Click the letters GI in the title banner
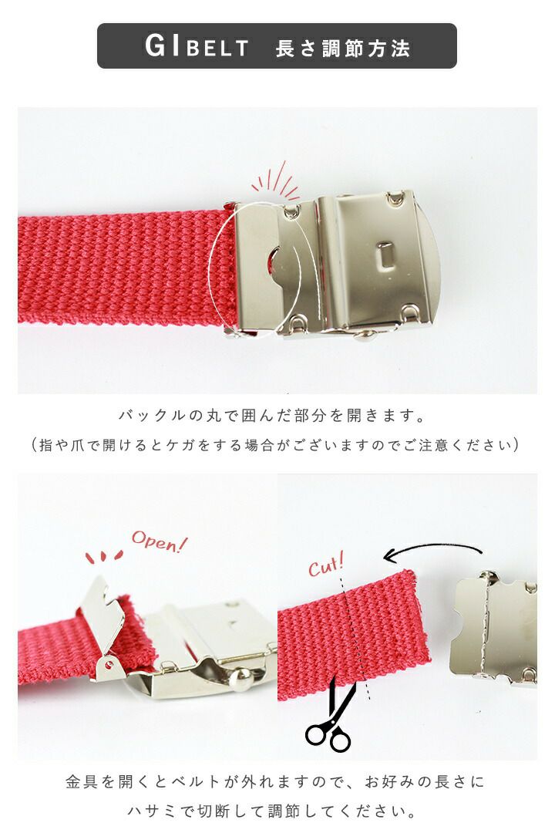(x=162, y=46)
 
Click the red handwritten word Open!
(x=160, y=541)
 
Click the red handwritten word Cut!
(x=326, y=565)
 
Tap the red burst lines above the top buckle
(x=276, y=180)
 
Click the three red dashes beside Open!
(x=105, y=556)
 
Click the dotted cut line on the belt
(x=357, y=637)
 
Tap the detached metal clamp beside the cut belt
(x=493, y=629)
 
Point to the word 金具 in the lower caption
(x=82, y=782)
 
